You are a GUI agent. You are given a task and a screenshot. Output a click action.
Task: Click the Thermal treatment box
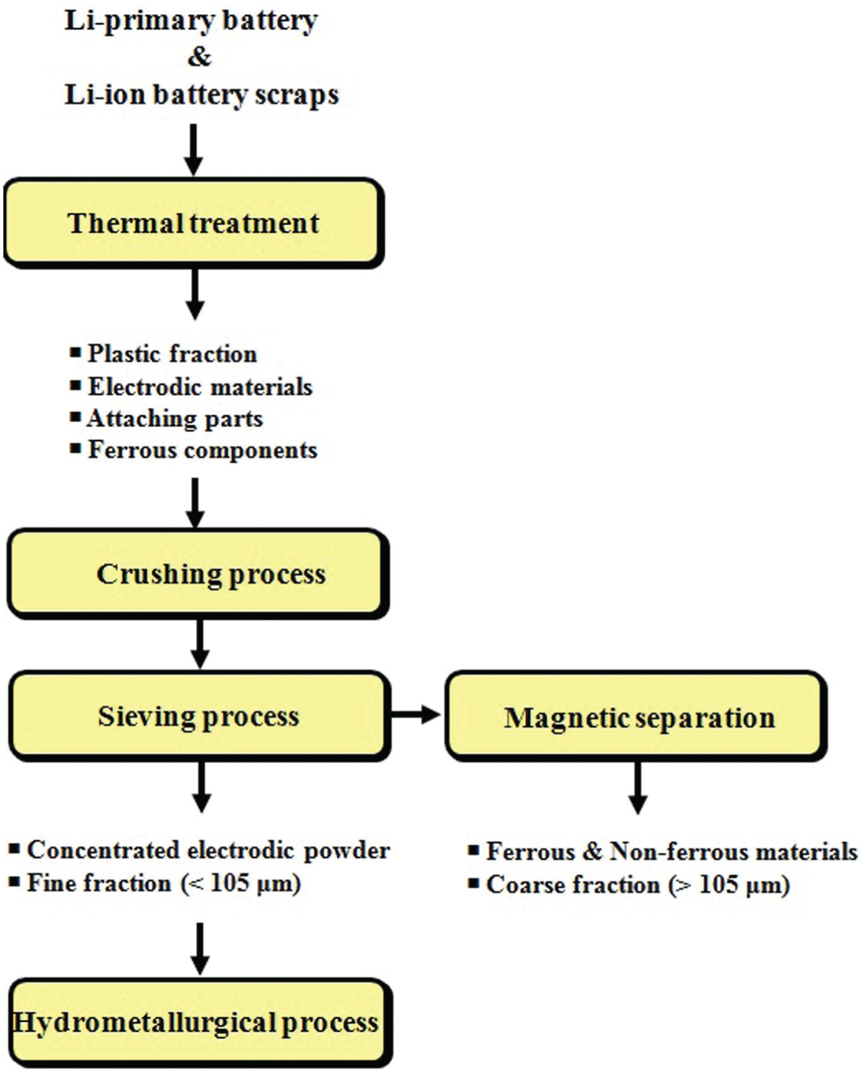tap(194, 223)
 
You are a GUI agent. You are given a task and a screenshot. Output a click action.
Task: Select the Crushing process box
tap(198, 574)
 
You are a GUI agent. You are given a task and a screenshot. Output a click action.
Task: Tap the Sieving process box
tap(199, 716)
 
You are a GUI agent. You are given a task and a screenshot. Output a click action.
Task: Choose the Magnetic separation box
tap(636, 716)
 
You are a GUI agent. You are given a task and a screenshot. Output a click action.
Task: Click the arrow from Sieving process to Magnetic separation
tap(416, 714)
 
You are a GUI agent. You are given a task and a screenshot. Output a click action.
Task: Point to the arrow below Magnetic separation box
tap(637, 787)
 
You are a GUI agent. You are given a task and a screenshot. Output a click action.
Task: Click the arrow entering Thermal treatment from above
tap(193, 150)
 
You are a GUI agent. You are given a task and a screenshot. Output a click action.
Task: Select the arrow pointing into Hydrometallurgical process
tap(200, 949)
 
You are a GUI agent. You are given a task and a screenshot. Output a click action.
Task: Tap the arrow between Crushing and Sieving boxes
tap(200, 643)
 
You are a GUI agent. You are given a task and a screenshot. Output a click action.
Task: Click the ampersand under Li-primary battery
tap(199, 57)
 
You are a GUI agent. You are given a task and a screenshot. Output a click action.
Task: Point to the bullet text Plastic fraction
tap(172, 354)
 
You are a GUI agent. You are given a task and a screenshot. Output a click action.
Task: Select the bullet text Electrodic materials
tap(200, 387)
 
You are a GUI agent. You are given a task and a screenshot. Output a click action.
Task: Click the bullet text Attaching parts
tap(174, 419)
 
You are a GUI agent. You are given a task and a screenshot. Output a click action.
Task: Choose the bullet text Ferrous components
tap(203, 450)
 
